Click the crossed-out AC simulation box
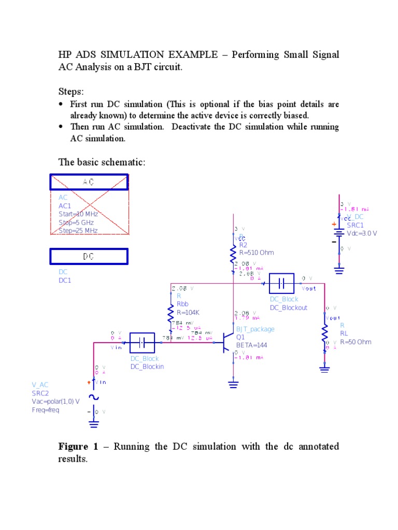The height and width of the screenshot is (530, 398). (x=89, y=182)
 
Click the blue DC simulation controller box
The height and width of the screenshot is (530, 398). (x=89, y=256)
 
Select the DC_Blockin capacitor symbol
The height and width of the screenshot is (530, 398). (x=141, y=343)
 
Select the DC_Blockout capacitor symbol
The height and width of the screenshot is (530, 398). (x=281, y=284)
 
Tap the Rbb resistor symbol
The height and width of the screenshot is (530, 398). (x=171, y=313)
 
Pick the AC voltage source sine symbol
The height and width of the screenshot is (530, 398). (x=94, y=397)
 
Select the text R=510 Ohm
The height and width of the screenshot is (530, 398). (x=257, y=253)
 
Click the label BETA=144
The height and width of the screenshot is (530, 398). (x=252, y=345)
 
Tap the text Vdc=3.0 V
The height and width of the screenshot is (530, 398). (x=362, y=233)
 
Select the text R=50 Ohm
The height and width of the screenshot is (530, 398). (x=356, y=342)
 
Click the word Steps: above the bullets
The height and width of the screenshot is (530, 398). (x=70, y=92)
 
